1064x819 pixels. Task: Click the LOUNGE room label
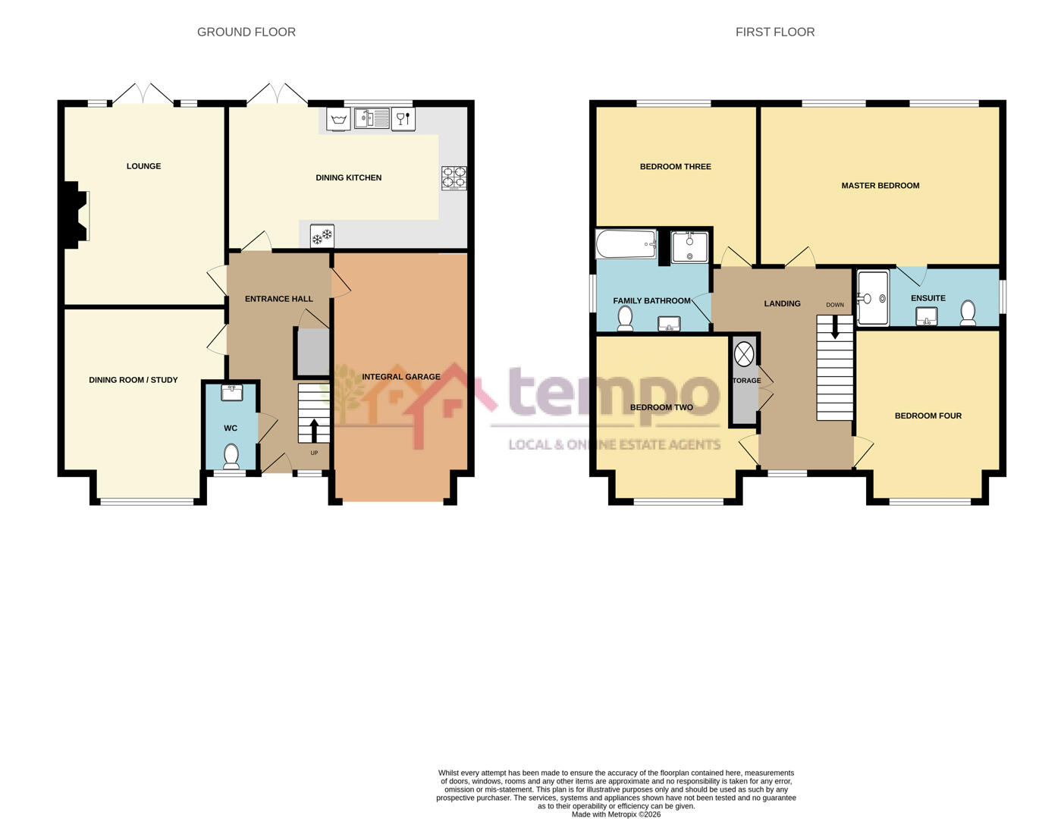[143, 166]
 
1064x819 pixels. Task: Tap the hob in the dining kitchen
[454, 177]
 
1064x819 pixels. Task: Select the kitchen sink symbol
[372, 118]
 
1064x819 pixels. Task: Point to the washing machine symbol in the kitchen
[339, 119]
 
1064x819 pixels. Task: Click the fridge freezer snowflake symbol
[322, 237]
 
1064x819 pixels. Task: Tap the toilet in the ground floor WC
[231, 456]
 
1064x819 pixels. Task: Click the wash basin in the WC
[231, 392]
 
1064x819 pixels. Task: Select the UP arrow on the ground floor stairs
[314, 431]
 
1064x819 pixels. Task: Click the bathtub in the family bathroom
[626, 244]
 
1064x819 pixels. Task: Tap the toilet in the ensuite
[968, 312]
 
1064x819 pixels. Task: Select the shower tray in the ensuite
[872, 298]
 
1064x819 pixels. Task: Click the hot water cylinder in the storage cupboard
[744, 354]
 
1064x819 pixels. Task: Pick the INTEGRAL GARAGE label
[400, 377]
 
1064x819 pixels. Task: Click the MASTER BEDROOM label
[880, 186]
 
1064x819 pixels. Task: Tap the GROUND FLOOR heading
[246, 32]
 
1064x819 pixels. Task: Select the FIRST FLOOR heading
[774, 32]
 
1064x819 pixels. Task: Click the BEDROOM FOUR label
[927, 416]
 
